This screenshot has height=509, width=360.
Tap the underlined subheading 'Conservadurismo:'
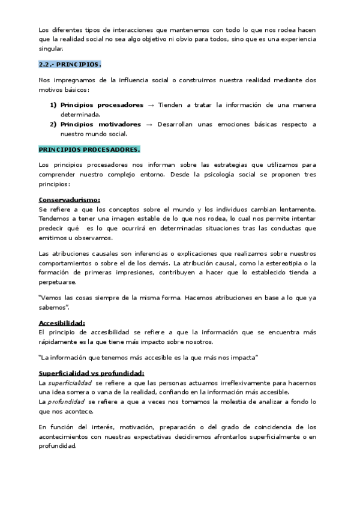tap(69, 199)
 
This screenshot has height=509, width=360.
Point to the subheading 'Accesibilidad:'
tap(61, 323)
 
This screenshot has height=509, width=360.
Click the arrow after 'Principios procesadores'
tap(151, 105)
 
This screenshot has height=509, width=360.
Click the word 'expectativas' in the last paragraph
tap(170, 438)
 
